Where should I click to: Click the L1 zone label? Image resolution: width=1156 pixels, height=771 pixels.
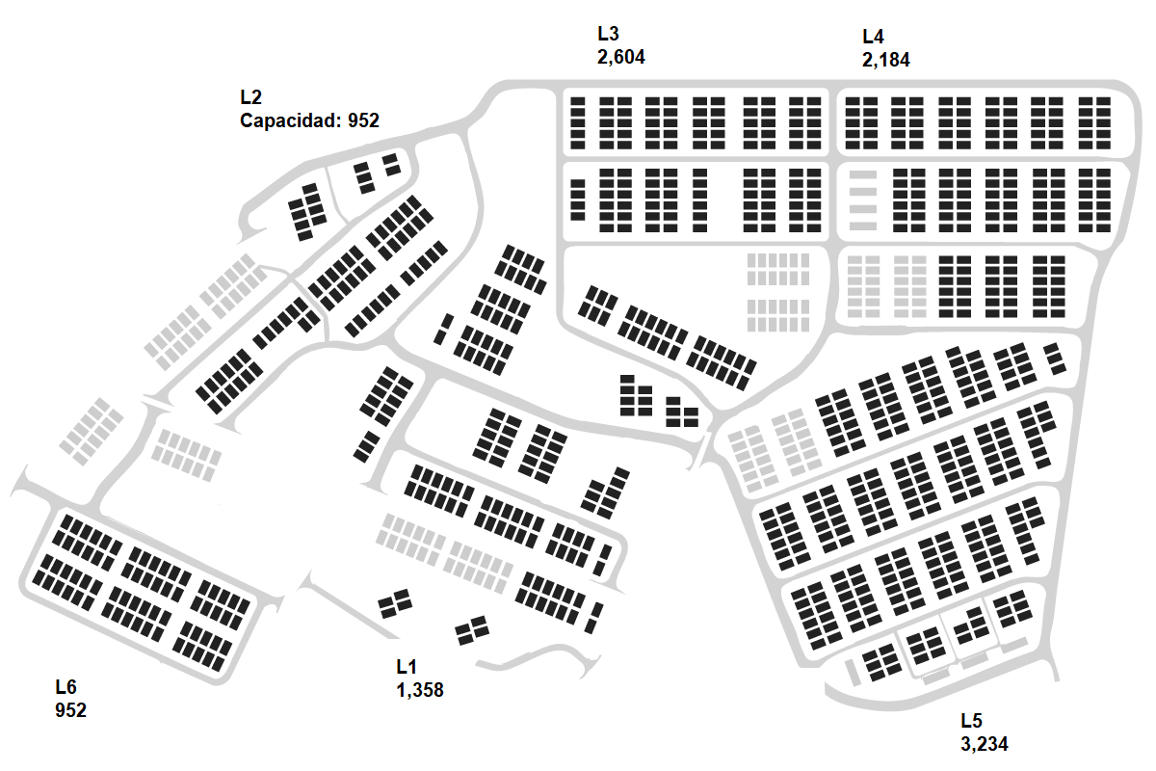coord(406,667)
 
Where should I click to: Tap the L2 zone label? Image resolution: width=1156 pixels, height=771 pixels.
coord(250,97)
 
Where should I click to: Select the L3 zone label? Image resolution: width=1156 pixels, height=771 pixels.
coord(610,35)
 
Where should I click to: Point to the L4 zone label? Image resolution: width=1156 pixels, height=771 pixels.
coord(873,37)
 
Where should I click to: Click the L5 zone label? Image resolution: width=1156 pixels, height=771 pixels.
coord(971,721)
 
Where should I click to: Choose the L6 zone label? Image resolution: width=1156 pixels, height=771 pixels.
coord(66,687)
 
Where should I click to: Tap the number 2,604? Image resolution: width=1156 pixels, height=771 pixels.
coord(621,58)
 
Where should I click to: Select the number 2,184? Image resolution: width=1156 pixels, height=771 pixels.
coord(885,60)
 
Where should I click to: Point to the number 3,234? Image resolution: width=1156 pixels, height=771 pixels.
coord(985,744)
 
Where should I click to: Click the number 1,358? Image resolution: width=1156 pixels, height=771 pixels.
coord(419,690)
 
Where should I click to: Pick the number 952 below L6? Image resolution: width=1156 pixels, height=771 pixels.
coord(70,710)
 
